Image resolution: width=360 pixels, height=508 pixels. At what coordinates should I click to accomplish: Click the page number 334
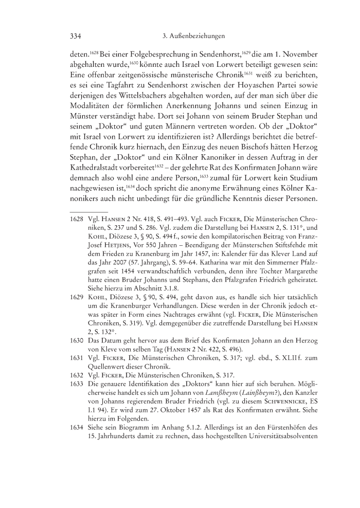[76, 37]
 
